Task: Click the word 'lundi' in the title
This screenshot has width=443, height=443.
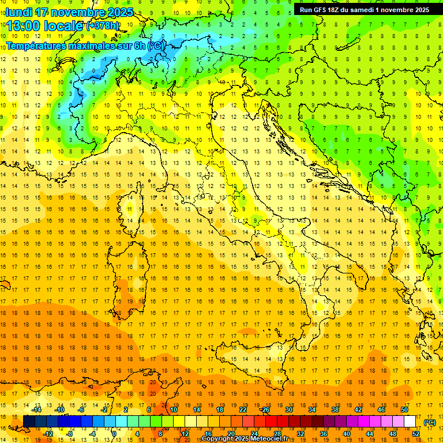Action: pos(18,12)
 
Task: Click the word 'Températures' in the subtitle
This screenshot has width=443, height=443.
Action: pos(37,46)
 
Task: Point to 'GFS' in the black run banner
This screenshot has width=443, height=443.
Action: pos(324,10)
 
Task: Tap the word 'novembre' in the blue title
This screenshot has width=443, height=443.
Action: pos(76,12)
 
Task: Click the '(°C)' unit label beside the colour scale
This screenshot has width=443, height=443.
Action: pos(430,422)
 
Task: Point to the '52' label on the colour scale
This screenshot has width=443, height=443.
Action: pos(416,434)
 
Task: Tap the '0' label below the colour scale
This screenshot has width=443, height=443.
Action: pos(114,434)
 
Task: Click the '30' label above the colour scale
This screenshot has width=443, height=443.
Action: pos(288,410)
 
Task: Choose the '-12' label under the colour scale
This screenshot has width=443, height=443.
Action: pos(48,434)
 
